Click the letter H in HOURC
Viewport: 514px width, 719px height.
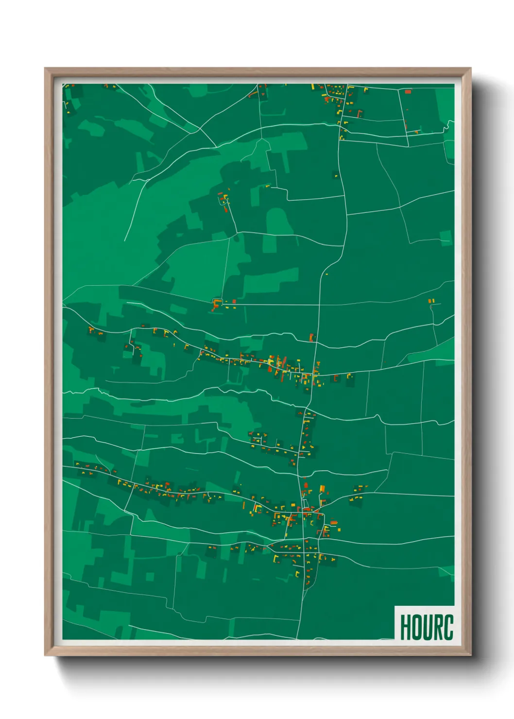coord(406,627)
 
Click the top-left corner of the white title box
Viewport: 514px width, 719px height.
coord(395,606)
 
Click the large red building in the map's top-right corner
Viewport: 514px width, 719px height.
coord(408,91)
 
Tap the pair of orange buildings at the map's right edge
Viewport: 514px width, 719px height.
coord(431,301)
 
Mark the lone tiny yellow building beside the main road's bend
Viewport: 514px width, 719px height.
coord(326,274)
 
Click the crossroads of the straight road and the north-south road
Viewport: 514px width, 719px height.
coord(320,305)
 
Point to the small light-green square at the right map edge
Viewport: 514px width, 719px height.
coord(445,237)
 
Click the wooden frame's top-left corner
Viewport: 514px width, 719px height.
coord(45,68)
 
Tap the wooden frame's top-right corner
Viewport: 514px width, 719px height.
coord(470,68)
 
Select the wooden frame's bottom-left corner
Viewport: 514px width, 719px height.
coord(45,655)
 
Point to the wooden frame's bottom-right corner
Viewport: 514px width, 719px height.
coord(470,655)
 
